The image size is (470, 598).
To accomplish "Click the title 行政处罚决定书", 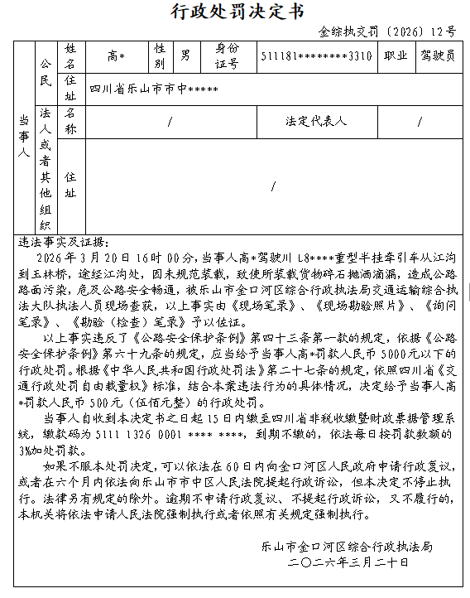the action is click(236, 12).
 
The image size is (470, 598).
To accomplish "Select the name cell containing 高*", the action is click(116, 56).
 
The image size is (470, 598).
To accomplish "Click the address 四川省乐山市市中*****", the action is click(154, 87).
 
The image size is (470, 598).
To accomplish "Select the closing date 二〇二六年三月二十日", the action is click(348, 562).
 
